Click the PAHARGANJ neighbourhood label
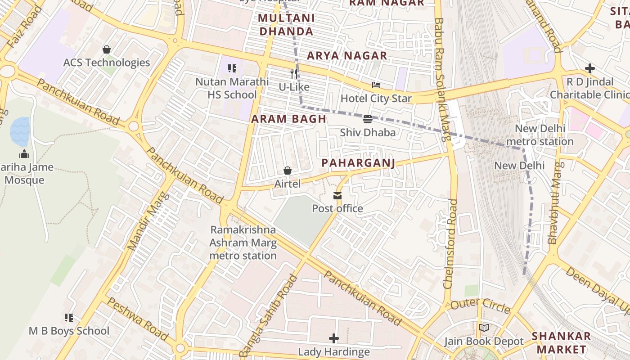[359, 163]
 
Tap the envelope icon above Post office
[337, 196]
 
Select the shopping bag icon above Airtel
[288, 171]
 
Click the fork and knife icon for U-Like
[294, 73]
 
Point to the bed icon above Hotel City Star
[376, 85]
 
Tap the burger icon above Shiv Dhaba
[368, 119]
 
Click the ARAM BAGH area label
[288, 119]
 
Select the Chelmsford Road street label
[450, 243]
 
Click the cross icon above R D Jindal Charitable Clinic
[589, 68]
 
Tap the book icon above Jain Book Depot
[484, 328]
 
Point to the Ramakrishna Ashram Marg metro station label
[243, 243]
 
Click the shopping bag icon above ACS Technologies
[107, 49]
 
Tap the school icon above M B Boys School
[69, 318]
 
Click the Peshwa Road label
[137, 319]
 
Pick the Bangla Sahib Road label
[269, 315]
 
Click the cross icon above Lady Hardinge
[334, 338]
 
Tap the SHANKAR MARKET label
[561, 342]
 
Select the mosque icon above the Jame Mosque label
[24, 154]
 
